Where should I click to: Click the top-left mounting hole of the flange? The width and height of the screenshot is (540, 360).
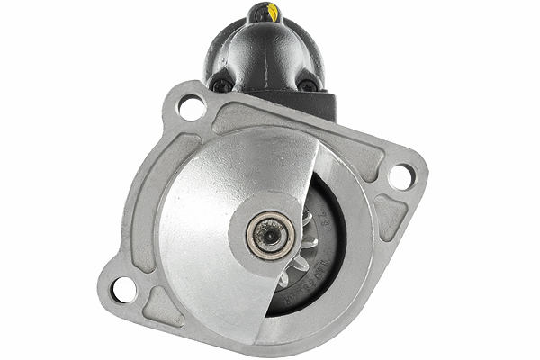[x=192, y=108]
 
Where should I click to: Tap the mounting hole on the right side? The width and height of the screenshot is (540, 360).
[x=400, y=177]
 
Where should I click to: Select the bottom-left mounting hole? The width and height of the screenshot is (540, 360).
[x=123, y=290]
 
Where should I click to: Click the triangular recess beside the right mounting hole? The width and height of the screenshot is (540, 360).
[x=390, y=216]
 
